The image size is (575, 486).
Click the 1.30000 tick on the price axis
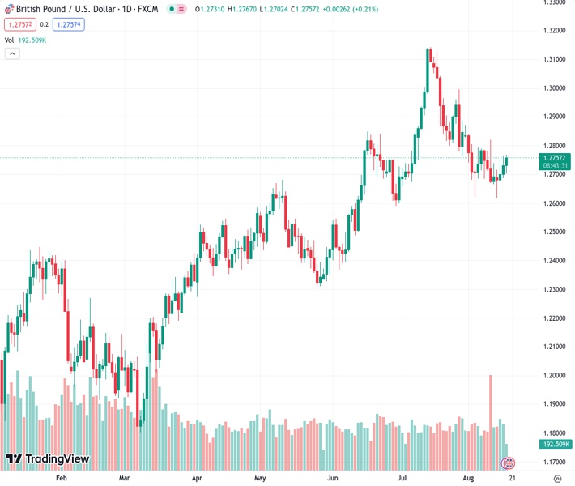pos(555,88)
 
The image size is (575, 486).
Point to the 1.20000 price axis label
pos(555,376)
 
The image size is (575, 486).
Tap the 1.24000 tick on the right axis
pos(555,261)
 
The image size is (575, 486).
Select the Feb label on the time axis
pos(61,479)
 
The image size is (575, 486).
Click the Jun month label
pos(330,479)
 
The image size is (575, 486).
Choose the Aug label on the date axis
pos(469,479)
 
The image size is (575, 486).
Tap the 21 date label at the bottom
pos(512,479)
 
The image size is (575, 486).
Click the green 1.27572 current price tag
pos(557,157)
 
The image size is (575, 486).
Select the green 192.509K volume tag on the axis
pos(557,444)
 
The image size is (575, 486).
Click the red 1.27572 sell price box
pos(18,24)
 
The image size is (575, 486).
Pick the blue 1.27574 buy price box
pos(69,24)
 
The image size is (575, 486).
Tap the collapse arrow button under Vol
pos(11,53)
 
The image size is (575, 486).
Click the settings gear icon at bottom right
pos(557,479)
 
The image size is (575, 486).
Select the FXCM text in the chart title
pos(147,8)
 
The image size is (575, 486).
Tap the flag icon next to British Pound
pos(9,8)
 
